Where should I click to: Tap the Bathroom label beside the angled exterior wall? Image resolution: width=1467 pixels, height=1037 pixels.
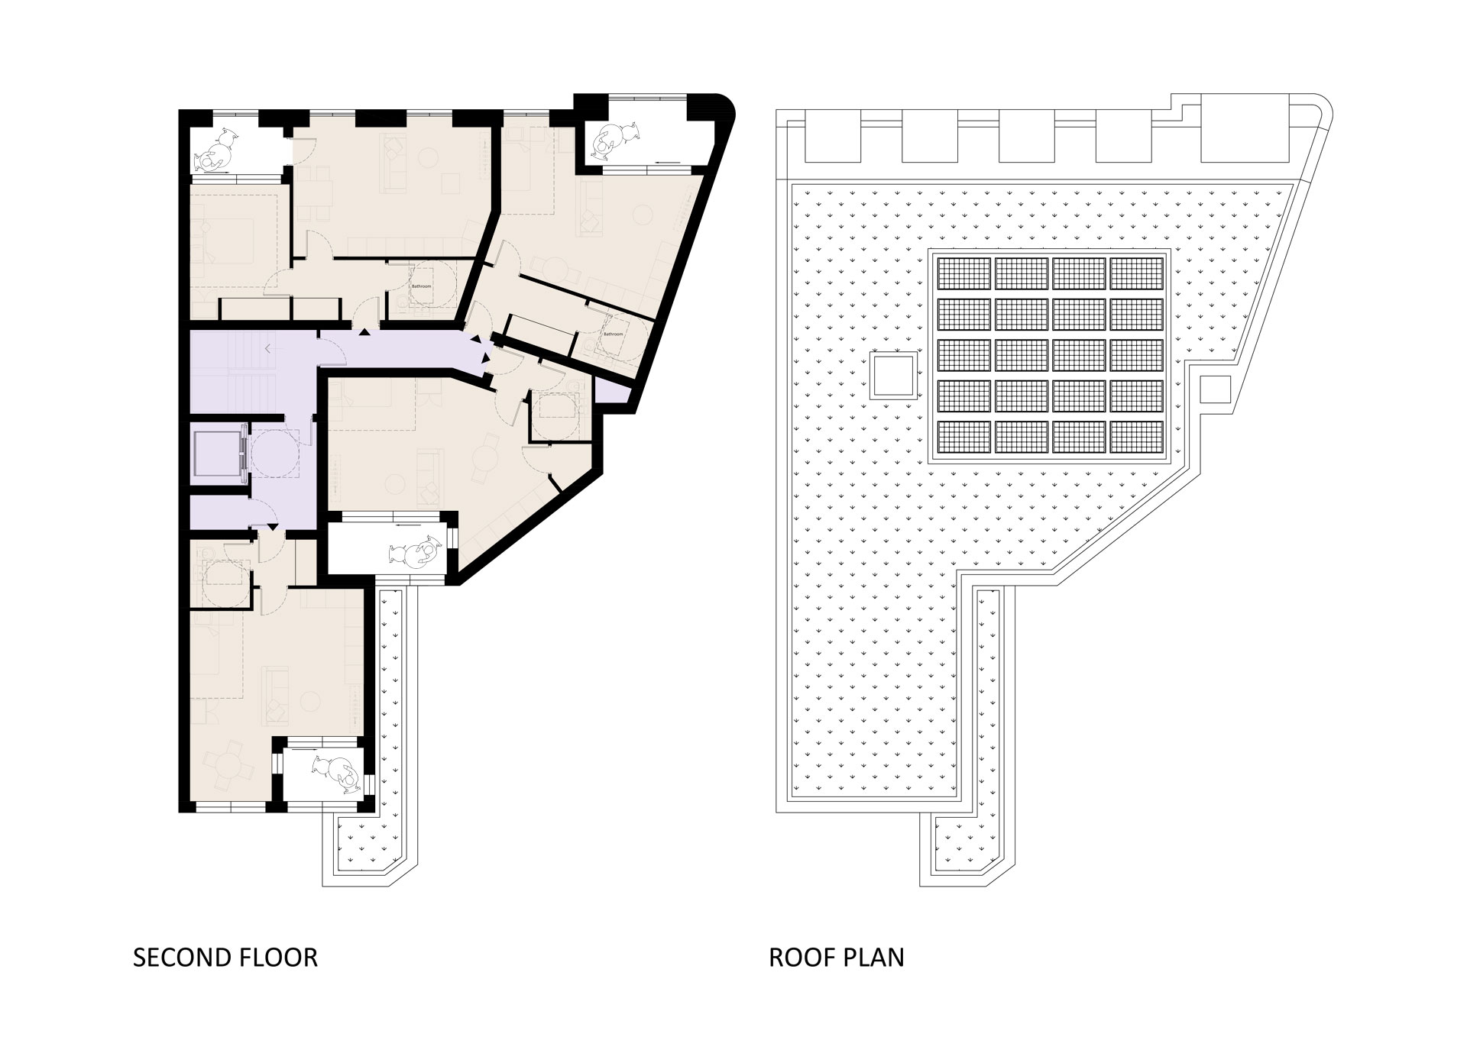(x=613, y=334)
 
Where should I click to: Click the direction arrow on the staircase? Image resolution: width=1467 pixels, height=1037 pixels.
(x=267, y=349)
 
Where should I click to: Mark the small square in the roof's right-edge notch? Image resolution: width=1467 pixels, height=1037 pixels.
(x=1215, y=389)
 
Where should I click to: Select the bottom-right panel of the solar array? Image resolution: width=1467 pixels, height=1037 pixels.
(x=1136, y=437)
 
